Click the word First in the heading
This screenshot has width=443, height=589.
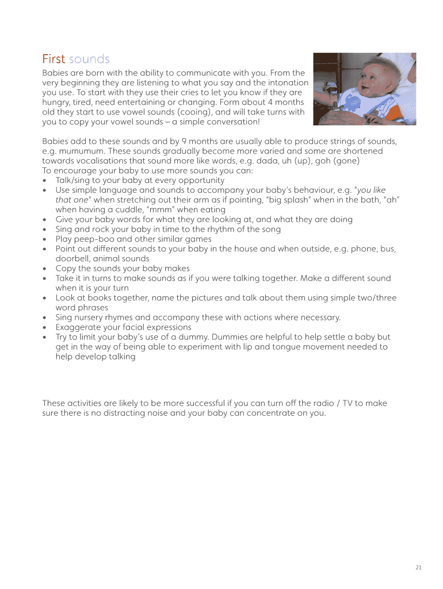click(54, 59)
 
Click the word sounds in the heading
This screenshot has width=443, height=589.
click(89, 59)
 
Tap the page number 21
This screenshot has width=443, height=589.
click(418, 568)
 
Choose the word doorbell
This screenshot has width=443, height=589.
click(72, 259)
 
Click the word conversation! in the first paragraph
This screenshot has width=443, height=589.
click(236, 122)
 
